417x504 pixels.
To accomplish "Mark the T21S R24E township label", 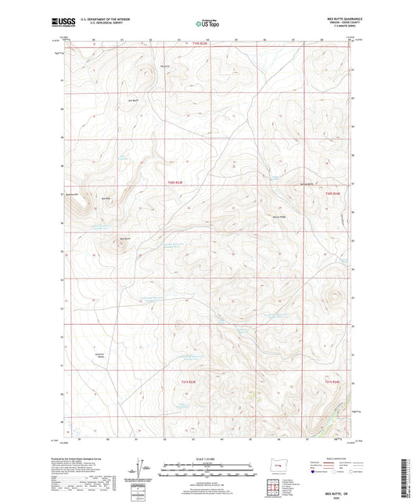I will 333,381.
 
